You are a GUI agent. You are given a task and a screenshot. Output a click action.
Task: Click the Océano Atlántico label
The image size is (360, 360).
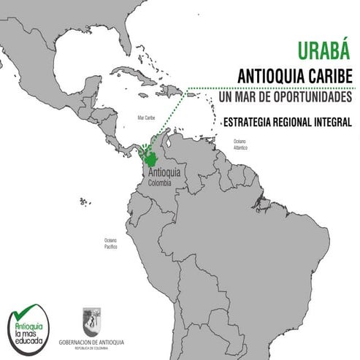(x=240, y=144)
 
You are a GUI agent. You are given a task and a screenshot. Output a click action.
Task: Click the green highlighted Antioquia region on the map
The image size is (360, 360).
(x=152, y=157)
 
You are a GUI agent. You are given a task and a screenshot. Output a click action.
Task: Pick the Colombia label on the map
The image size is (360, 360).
(x=159, y=183)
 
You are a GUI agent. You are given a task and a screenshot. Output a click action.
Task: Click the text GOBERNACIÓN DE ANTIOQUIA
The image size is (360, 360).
(x=91, y=342)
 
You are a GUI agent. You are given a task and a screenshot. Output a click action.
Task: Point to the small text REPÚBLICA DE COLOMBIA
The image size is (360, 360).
(x=91, y=348)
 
